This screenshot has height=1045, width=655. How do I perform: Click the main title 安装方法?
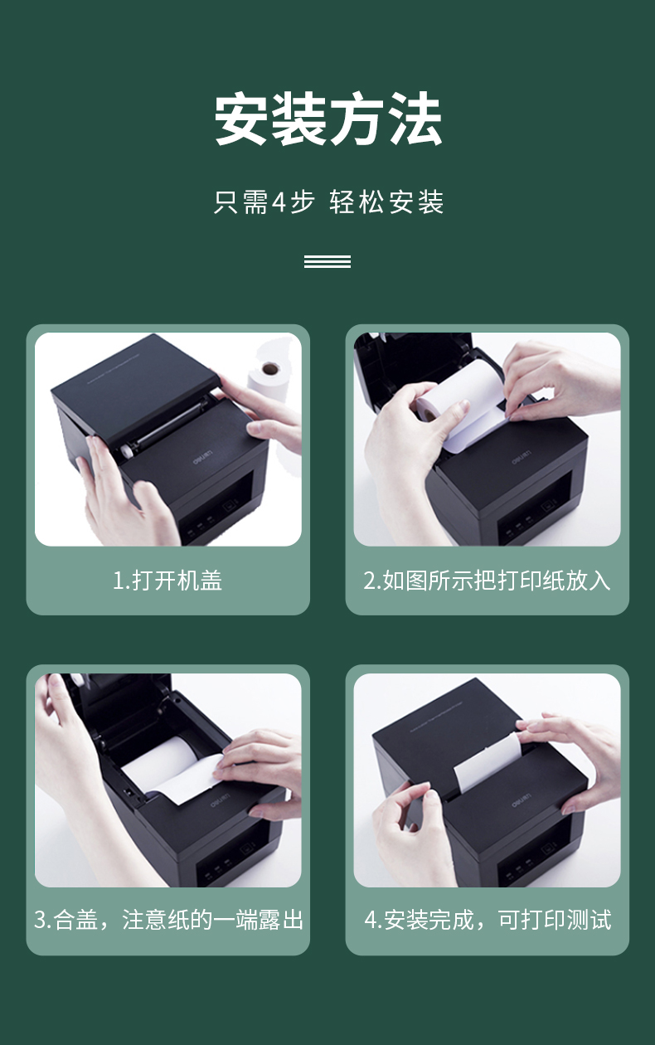[x=327, y=119]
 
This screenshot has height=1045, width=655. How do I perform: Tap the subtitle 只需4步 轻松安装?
[x=328, y=202]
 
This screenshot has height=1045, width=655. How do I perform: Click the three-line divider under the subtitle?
[x=327, y=261]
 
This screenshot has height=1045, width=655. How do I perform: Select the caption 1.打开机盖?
[x=167, y=581]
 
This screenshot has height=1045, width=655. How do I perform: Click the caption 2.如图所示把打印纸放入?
[x=487, y=581]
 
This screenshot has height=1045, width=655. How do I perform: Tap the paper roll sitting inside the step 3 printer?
[x=161, y=764]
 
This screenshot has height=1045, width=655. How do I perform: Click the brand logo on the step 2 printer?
[x=521, y=457]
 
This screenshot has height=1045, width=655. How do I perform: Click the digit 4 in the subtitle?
[x=278, y=202]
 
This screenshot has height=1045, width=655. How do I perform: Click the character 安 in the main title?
[x=240, y=119]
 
